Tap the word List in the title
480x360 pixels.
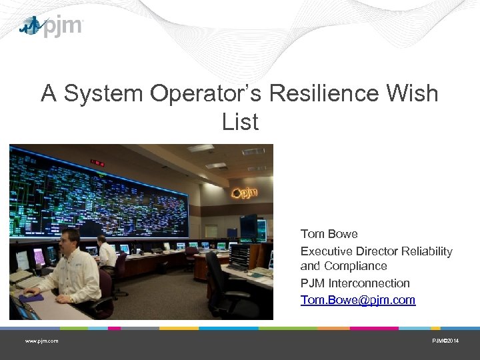(240, 122)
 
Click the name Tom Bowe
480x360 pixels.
(329, 234)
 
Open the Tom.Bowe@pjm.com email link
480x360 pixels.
(357, 300)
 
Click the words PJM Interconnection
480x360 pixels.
(355, 283)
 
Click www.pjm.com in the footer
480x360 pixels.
(41, 341)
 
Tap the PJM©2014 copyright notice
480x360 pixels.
(445, 341)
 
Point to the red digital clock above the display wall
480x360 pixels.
(97, 162)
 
